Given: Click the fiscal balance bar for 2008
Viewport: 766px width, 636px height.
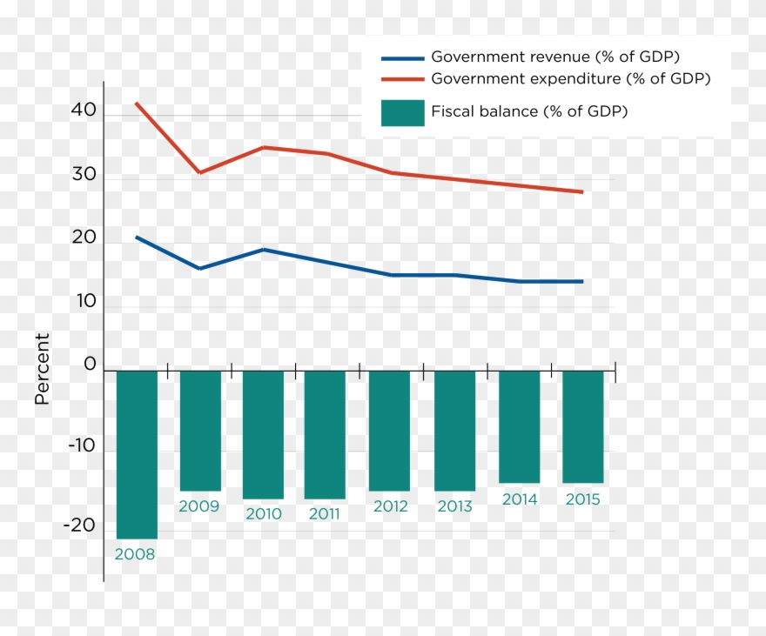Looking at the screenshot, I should coord(137,454).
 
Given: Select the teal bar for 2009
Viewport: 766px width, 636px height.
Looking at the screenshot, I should coord(200,431).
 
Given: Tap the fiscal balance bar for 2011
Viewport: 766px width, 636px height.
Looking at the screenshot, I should coord(325,434).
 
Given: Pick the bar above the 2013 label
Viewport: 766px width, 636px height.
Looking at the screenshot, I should coord(454,431).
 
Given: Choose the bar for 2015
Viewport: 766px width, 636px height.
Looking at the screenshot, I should coord(582,426).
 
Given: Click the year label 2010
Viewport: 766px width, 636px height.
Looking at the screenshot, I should coord(263,514).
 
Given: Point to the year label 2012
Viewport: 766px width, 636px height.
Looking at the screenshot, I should coord(390,506).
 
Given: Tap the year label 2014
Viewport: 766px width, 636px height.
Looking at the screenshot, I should coord(519,499).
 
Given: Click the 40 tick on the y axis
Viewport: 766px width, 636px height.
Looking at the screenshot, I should coord(84,111).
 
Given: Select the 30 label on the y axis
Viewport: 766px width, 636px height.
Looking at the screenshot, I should coord(84,174).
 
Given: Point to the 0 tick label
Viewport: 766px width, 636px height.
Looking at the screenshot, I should coord(90,364).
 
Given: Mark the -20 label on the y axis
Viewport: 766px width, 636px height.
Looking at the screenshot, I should coord(79,525).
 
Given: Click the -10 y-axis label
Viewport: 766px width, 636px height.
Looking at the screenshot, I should coord(79,445).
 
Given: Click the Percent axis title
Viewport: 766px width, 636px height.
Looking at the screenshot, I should coord(42,368).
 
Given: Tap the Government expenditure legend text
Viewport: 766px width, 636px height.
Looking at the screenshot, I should coord(570,78).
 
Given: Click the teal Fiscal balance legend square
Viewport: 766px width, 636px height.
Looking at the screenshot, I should coord(402,112).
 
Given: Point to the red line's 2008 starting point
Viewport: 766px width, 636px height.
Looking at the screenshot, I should coord(136,104).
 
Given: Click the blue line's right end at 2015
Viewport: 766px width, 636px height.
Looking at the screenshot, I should coord(582,281).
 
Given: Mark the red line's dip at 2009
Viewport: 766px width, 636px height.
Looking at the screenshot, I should coord(200,172).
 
